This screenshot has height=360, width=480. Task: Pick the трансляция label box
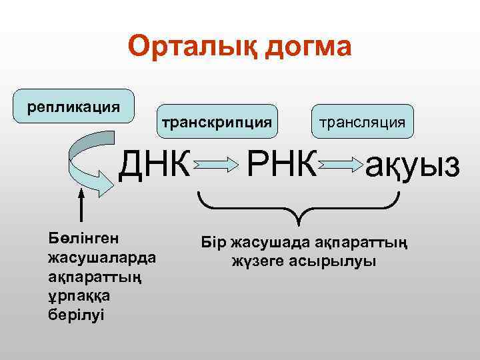(x=361, y=122)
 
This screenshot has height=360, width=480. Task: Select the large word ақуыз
(x=412, y=164)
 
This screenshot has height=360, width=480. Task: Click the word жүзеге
(x=258, y=261)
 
